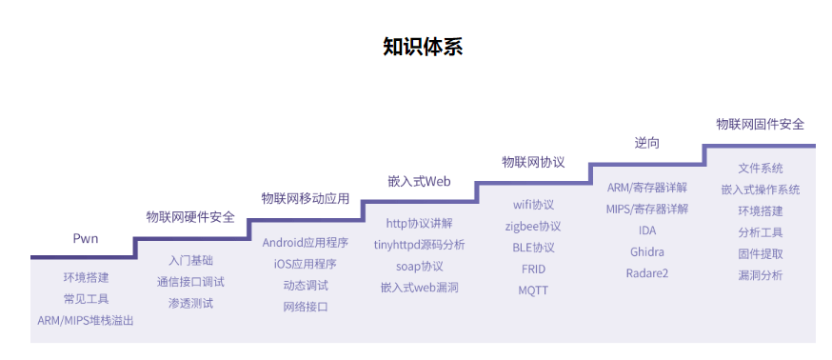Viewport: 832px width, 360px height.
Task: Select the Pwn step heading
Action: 86,238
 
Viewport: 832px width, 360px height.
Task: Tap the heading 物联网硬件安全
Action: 190,217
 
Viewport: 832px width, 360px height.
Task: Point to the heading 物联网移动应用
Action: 306,198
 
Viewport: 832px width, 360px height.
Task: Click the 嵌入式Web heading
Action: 419,181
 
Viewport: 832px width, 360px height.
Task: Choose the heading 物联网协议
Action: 533,162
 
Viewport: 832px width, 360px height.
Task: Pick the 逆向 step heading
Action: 647,143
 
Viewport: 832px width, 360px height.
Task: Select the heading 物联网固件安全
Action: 761,124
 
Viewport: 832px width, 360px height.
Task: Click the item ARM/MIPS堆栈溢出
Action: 86,321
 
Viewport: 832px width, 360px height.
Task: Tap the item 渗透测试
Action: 190,303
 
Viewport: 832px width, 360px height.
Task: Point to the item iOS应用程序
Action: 306,264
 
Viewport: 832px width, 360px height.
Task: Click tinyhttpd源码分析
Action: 419,245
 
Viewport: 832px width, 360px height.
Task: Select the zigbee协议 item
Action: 533,227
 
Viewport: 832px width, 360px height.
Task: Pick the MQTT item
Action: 533,290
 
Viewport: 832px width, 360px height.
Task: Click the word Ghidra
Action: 647,252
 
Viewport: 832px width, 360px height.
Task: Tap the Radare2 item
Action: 647,273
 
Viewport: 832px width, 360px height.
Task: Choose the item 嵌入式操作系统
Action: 761,190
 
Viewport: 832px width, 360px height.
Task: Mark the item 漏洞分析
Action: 761,275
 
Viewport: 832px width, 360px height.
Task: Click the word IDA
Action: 647,230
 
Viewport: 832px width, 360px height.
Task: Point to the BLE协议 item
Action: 533,248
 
